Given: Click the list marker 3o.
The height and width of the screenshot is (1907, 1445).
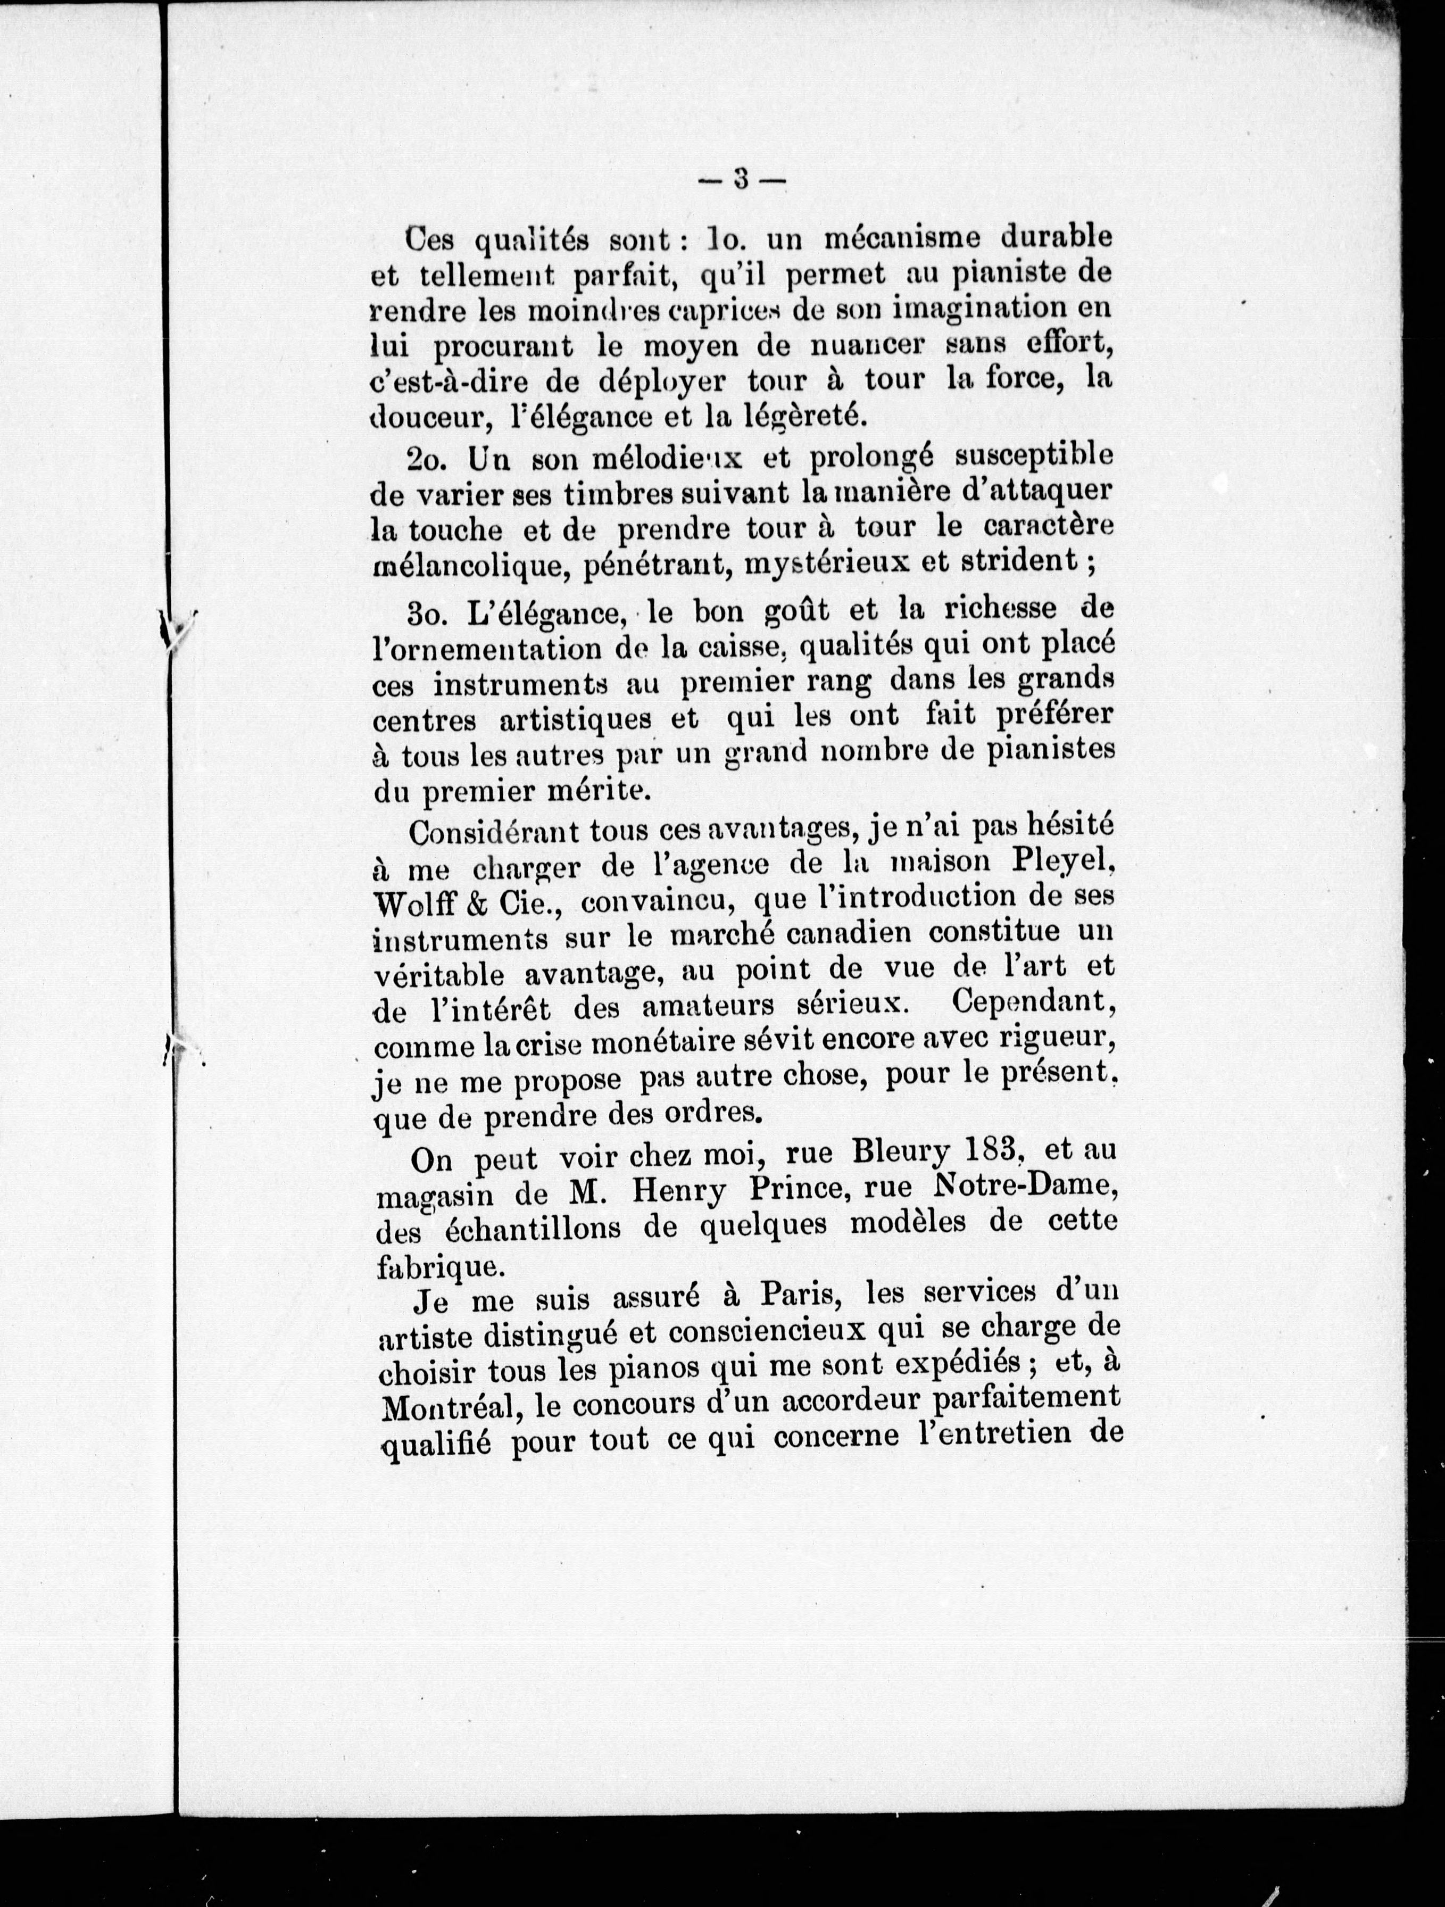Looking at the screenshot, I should click(428, 610).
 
